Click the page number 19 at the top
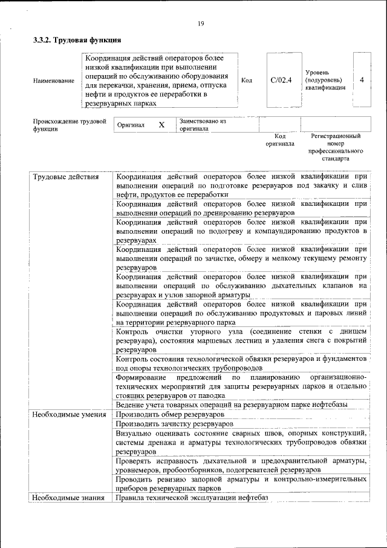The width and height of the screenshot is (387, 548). [x=201, y=24]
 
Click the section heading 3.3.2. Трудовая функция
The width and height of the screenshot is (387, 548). [x=77, y=41]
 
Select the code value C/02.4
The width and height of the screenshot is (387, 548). [x=281, y=80]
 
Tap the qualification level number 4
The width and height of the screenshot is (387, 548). [x=362, y=80]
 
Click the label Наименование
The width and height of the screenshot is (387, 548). [x=54, y=81]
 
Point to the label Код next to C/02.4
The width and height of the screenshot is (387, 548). [x=247, y=80]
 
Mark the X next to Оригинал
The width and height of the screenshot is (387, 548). [x=161, y=125]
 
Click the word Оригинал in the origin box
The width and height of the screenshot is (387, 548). [x=131, y=125]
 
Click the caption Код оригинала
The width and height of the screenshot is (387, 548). [x=280, y=140]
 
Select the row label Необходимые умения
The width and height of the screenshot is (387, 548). [x=70, y=415]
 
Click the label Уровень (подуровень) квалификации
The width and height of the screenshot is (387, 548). [x=325, y=80]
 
